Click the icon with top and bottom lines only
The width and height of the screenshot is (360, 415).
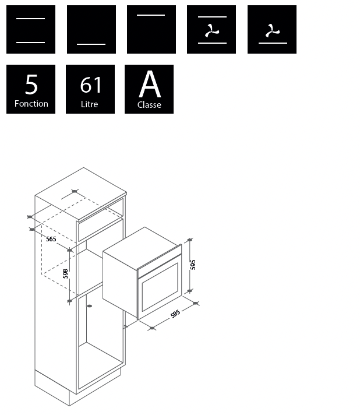(31, 29)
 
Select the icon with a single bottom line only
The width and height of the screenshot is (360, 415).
(91, 29)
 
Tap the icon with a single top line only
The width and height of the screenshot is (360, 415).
(151, 29)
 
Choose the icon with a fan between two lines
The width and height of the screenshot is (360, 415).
(211, 29)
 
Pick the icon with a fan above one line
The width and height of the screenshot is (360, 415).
(272, 29)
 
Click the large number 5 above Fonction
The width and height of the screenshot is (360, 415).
(31, 84)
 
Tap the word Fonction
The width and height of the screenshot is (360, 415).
(31, 104)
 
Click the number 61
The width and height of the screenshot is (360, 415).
(91, 85)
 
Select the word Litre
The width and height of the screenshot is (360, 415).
(89, 104)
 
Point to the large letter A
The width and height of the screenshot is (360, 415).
(150, 84)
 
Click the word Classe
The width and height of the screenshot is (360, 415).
(149, 105)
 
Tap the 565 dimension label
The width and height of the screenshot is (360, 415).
(51, 239)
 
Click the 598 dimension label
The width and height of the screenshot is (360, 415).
(65, 274)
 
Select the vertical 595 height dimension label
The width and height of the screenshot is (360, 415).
(193, 265)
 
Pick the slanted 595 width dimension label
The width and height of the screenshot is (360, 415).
(175, 314)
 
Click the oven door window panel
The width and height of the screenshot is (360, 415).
(160, 287)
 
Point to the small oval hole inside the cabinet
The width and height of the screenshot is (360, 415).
(90, 306)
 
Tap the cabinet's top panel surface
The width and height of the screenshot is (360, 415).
(81, 194)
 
